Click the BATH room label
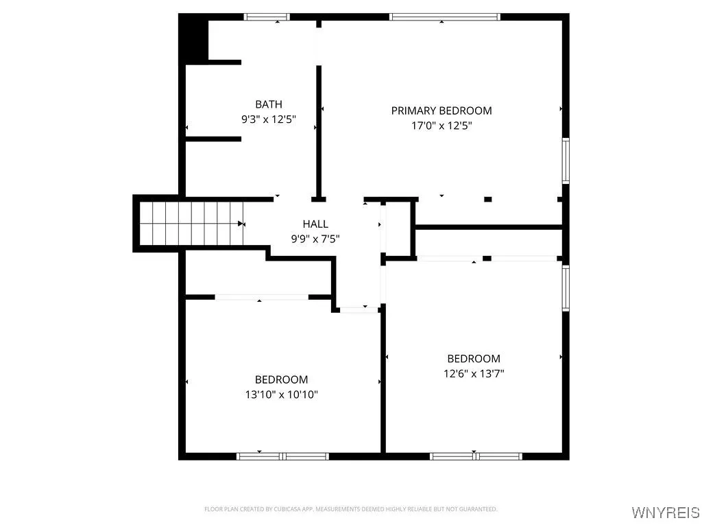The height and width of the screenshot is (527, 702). tap(268, 104)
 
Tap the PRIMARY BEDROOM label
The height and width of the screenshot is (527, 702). tap(441, 110)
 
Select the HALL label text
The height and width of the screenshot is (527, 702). tap(315, 224)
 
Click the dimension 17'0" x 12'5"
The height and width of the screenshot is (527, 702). tap(441, 126)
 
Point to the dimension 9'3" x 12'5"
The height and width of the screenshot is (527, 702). tap(268, 119)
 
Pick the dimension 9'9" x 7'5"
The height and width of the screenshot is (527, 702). tap(315, 239)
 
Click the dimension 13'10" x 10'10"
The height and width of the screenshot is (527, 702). tap(281, 395)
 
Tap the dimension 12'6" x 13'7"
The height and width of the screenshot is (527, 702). tap(474, 373)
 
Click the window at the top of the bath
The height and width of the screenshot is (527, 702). tap(267, 17)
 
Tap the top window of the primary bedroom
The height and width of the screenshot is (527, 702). tap(444, 17)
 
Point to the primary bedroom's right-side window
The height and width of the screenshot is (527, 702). tap(566, 161)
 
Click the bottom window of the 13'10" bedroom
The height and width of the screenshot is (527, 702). tap(282, 456)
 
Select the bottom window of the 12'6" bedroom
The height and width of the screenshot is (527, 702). tap(476, 456)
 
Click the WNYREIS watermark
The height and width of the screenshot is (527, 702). tap(665, 513)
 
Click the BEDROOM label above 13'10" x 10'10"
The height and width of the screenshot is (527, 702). tap(281, 379)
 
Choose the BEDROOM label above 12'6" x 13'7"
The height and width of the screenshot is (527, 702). tap(474, 358)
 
